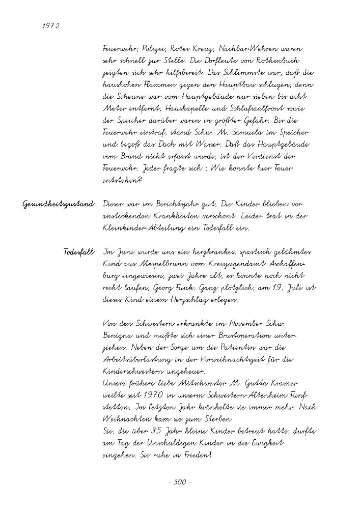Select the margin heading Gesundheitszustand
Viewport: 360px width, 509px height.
[x=58, y=205]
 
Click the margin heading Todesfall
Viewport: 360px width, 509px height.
[x=79, y=252]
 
